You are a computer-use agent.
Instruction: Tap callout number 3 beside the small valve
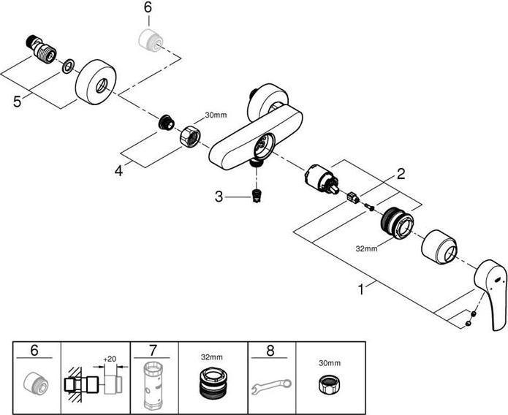(x=219, y=196)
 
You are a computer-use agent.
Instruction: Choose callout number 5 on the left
(x=18, y=102)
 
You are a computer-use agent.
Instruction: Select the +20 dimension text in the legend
(x=110, y=359)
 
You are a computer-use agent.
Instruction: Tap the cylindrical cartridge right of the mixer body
(x=319, y=178)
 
